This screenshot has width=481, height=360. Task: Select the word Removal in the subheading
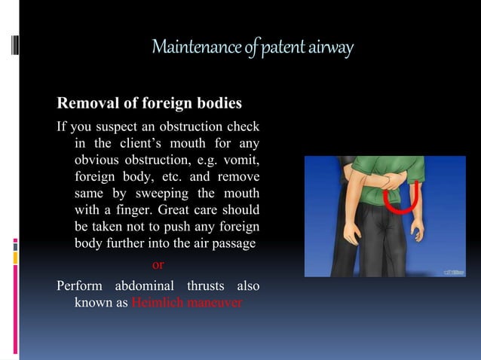point(83,102)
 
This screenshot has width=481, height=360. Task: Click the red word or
point(158,264)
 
